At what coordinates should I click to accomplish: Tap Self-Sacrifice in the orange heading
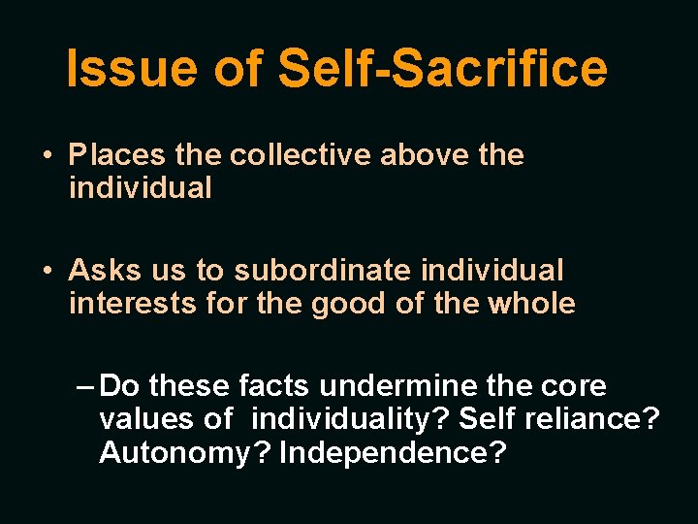click(x=443, y=69)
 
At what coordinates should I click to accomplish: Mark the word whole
click(x=531, y=304)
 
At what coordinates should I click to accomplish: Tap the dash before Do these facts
click(x=84, y=386)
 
